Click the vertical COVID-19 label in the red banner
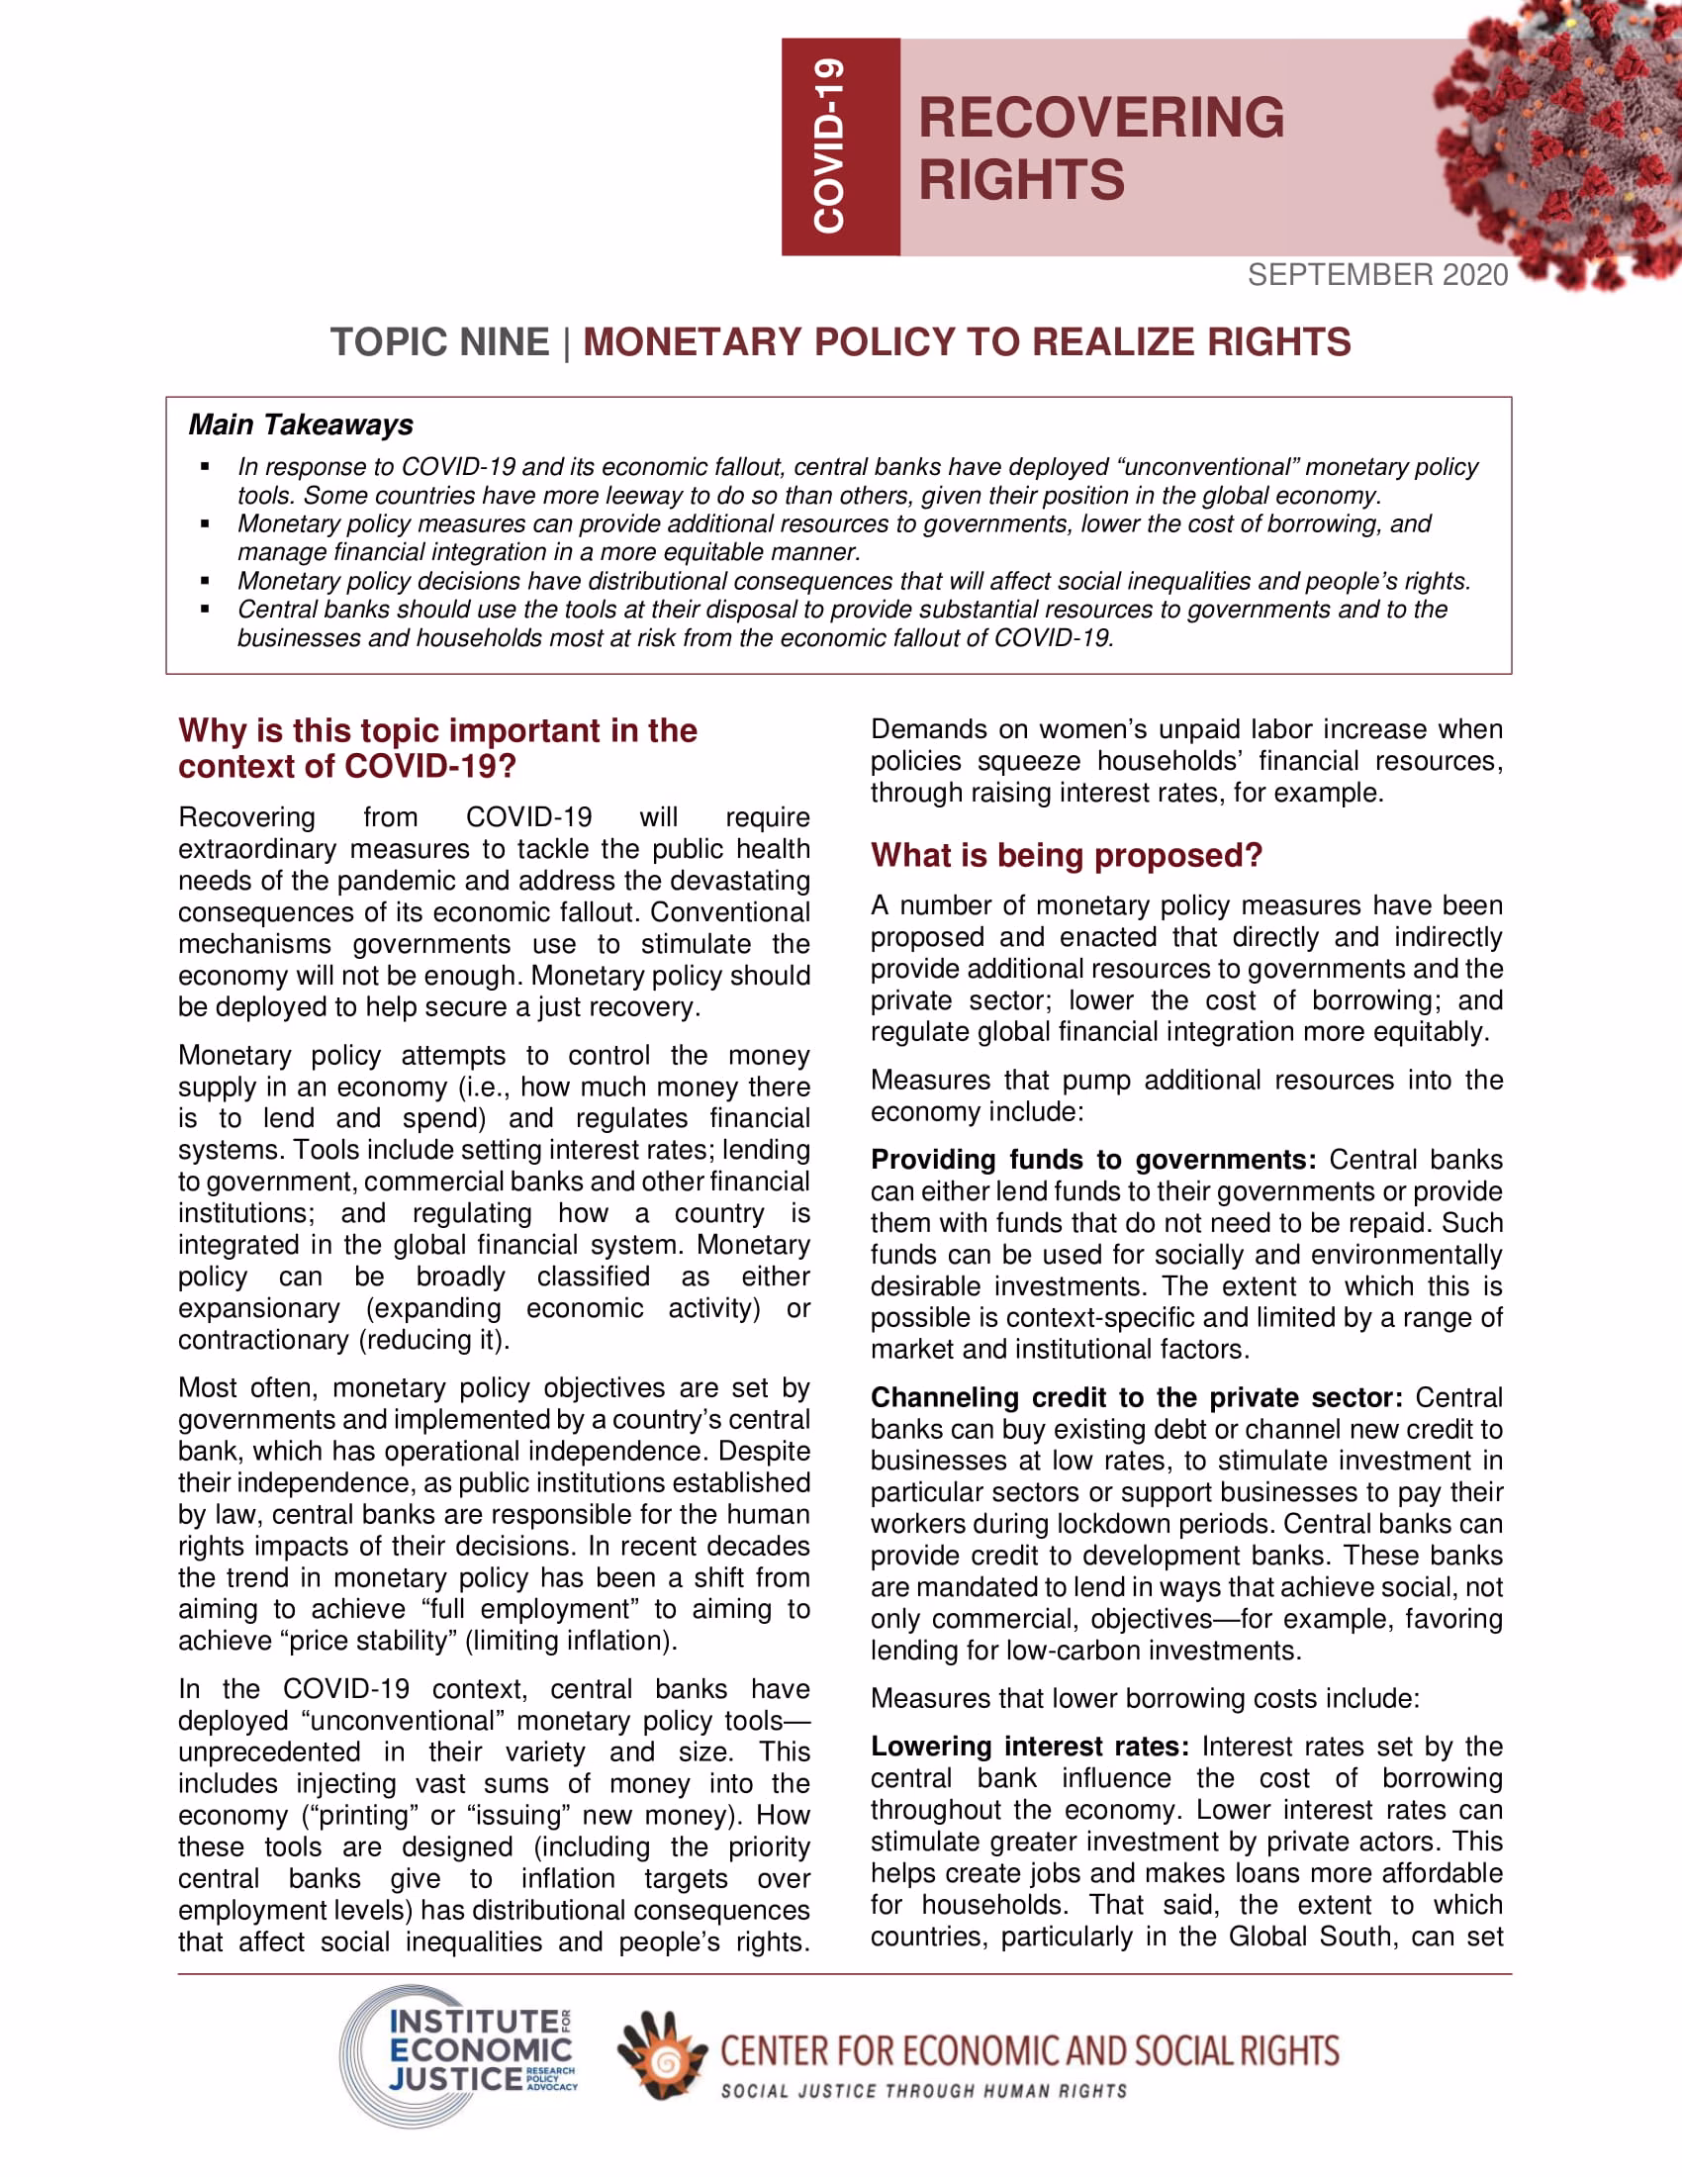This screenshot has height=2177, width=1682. (829, 146)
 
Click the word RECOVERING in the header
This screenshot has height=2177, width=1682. (1101, 118)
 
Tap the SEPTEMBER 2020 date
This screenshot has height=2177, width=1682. (1377, 275)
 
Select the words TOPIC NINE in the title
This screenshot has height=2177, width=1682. (439, 342)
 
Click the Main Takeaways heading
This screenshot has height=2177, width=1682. (301, 425)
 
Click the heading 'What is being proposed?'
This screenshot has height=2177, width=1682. (1067, 855)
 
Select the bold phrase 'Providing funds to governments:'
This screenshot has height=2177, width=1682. (1093, 1160)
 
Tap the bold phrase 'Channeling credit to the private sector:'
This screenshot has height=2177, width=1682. (1136, 1397)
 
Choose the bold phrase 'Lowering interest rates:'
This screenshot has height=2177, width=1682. (1029, 1747)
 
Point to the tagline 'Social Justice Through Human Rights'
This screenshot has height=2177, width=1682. (924, 2090)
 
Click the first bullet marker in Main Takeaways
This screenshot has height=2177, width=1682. (205, 466)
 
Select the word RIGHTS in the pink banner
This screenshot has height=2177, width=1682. (1021, 180)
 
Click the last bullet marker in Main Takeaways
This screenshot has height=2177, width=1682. (205, 609)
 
